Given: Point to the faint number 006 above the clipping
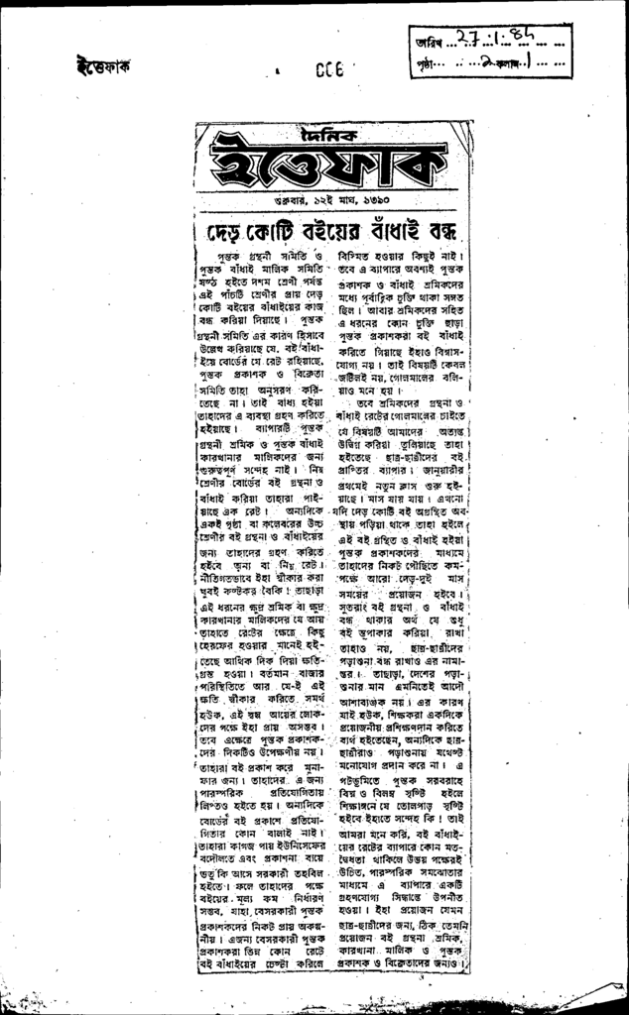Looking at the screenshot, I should [328, 70].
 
